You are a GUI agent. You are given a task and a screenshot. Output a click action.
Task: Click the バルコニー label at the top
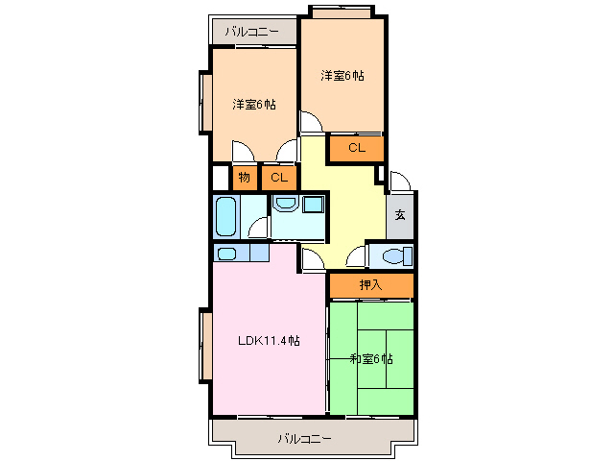(x=252, y=32)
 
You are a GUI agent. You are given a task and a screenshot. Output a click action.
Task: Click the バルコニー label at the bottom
(x=305, y=439)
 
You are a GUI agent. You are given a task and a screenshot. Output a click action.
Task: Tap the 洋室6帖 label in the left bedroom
(x=254, y=104)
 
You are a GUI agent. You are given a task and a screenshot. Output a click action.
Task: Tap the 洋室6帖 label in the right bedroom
(x=342, y=75)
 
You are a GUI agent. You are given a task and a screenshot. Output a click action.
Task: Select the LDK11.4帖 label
(x=270, y=340)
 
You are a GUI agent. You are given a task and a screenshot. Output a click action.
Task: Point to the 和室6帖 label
(x=371, y=358)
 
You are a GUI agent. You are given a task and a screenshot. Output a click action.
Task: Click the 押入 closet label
(x=370, y=285)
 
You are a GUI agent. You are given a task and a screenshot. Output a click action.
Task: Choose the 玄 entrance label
(x=400, y=214)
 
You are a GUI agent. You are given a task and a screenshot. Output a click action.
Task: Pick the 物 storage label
(x=245, y=178)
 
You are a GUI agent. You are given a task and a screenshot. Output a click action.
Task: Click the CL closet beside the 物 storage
(x=278, y=178)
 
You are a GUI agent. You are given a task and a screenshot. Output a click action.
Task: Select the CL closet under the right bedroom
(x=356, y=148)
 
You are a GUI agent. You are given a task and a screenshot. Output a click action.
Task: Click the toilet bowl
(x=391, y=255)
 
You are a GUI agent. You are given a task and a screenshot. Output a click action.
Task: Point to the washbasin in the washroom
(x=286, y=204)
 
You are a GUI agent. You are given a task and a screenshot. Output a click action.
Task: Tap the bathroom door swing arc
(x=257, y=228)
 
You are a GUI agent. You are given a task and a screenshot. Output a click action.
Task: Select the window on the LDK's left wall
(x=205, y=346)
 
